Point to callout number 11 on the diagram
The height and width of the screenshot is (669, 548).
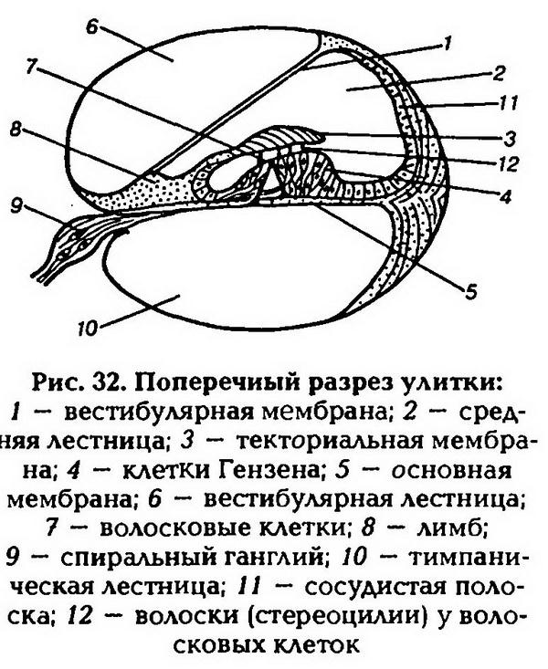click(x=509, y=103)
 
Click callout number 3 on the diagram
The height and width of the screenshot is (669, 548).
click(x=509, y=138)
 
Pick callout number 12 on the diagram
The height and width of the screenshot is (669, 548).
click(x=509, y=163)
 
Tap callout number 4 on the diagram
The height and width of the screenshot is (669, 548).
click(x=506, y=197)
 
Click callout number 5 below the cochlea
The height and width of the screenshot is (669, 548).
click(x=470, y=292)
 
